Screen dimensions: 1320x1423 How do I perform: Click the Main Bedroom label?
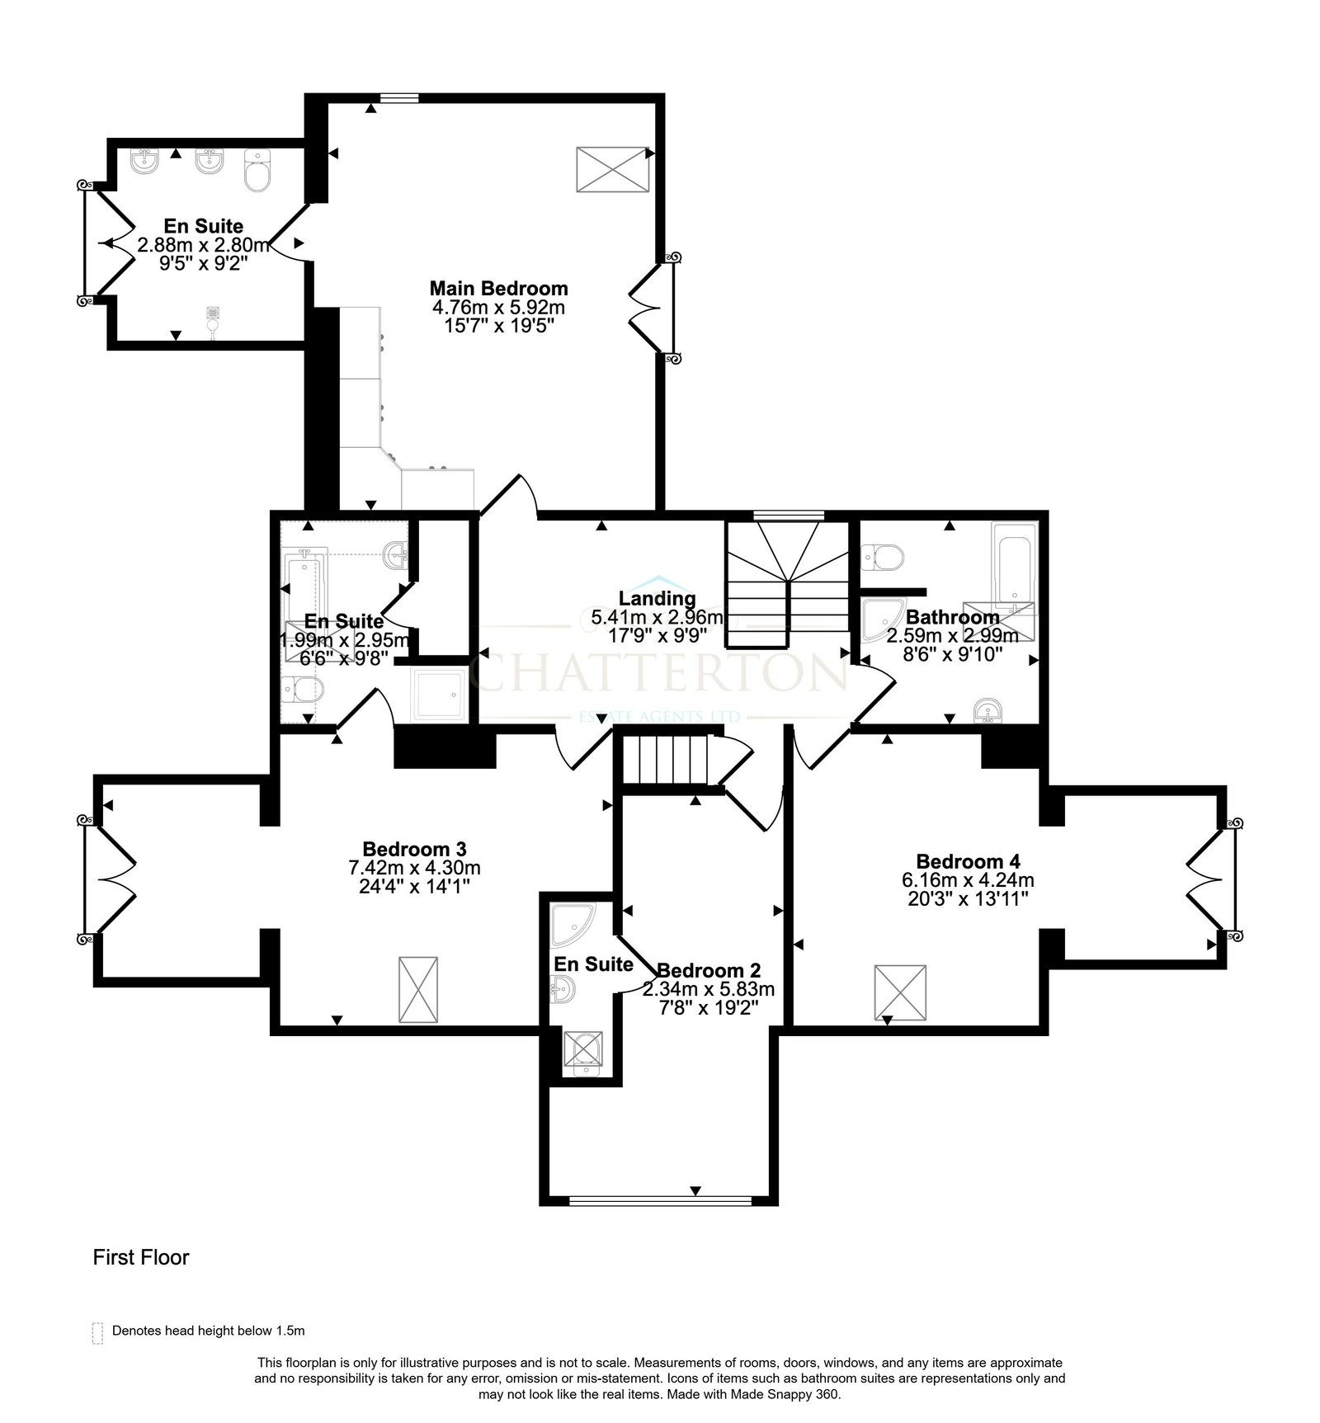[x=498, y=289]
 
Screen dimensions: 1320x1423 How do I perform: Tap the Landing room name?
[x=658, y=598]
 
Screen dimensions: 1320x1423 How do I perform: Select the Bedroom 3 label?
[x=414, y=849]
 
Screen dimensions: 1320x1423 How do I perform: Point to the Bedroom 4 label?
[x=968, y=861]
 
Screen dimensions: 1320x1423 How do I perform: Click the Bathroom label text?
[x=953, y=617]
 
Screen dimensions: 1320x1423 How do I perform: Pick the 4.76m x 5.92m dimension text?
[x=498, y=308]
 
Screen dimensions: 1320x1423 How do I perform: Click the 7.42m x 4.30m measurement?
[x=414, y=868]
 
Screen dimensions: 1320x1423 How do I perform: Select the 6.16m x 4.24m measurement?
[x=968, y=880]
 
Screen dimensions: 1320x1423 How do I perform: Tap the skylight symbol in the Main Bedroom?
[x=612, y=170]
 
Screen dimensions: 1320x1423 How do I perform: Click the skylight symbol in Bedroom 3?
[x=418, y=990]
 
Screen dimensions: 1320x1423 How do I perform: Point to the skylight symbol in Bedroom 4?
[x=900, y=993]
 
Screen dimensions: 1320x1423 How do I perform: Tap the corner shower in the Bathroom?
[x=881, y=620]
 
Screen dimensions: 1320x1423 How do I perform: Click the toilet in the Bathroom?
[x=881, y=557]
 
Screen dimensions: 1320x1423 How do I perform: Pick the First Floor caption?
[x=141, y=1257]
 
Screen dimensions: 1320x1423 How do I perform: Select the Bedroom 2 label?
[x=709, y=970]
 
